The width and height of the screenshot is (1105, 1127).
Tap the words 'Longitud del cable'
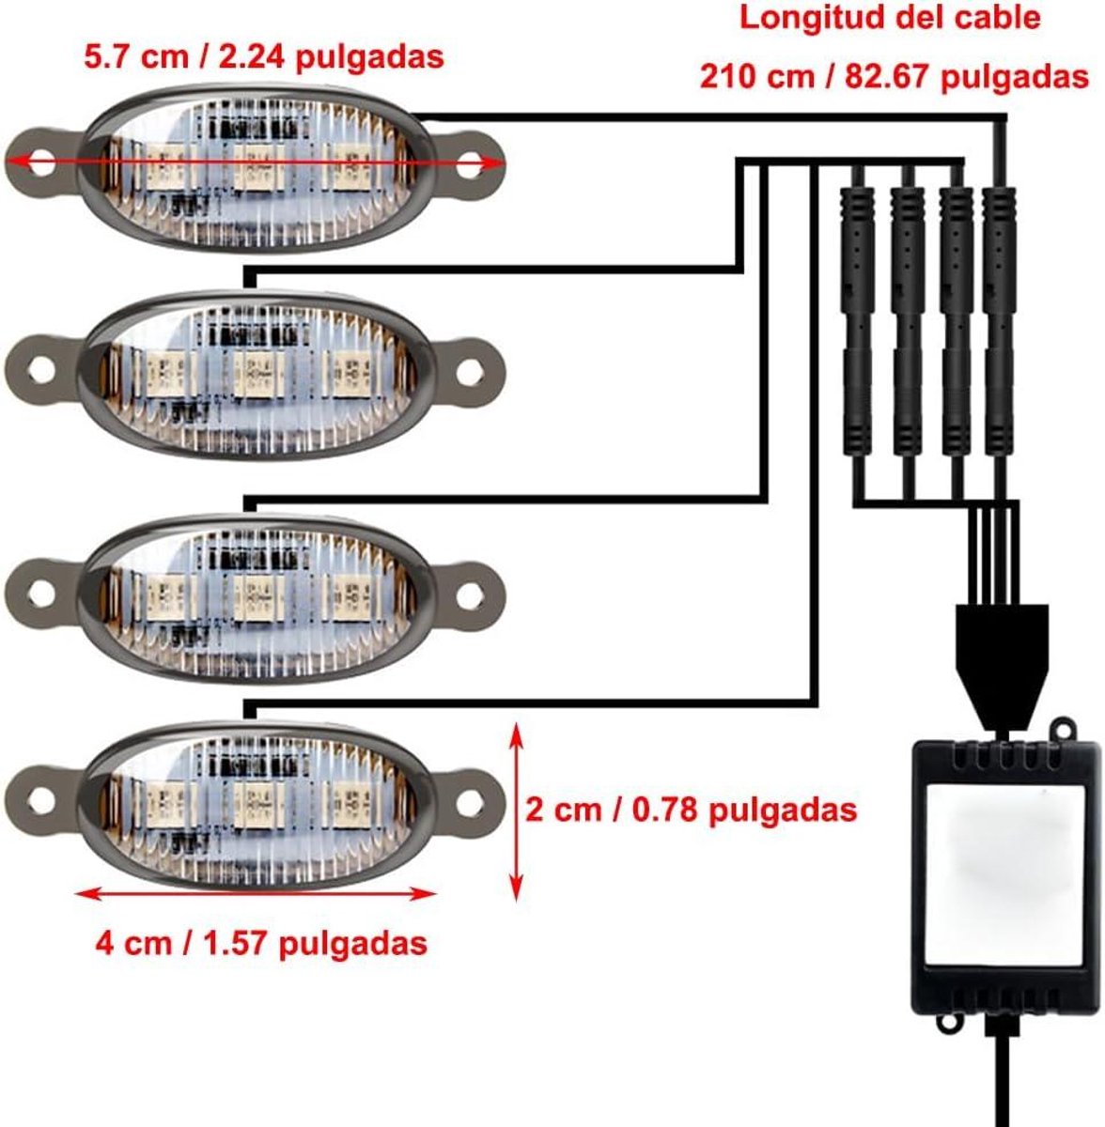click(890, 18)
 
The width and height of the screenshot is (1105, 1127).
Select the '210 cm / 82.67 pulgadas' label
click(894, 77)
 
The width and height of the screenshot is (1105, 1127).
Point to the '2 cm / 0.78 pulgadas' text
click(691, 811)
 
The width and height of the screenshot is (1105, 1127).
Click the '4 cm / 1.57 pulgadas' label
click(261, 943)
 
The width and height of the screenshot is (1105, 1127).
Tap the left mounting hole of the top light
click(41, 163)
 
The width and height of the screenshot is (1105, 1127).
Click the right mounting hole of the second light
click(470, 373)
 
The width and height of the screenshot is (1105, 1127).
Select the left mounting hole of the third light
click(41, 594)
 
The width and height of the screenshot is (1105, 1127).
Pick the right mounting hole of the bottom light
click(470, 802)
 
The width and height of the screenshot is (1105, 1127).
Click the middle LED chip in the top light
click(258, 166)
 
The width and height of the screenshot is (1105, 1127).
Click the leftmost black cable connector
click(858, 320)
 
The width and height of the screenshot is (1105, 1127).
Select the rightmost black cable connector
click(999, 320)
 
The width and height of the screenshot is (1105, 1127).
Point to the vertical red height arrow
click(516, 812)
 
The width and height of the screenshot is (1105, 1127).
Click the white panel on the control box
click(1004, 875)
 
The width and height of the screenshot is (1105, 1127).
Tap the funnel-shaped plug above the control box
click(1002, 667)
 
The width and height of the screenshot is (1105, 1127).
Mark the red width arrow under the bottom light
click(257, 894)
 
